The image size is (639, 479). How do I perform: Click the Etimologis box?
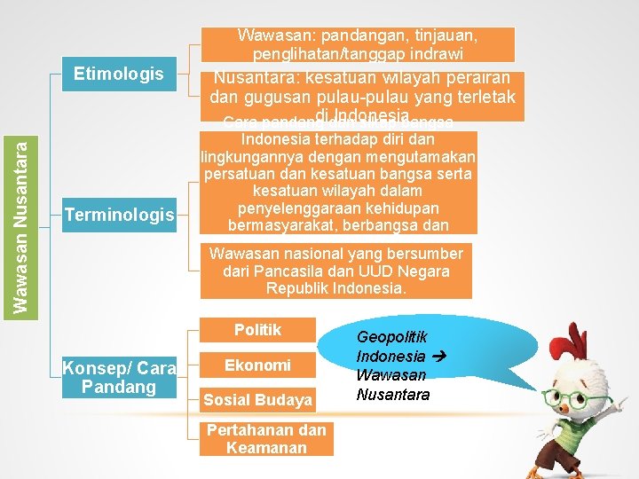119,75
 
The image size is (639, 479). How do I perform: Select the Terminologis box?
119,214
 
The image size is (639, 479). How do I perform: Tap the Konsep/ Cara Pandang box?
119,378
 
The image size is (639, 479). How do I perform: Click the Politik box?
257,330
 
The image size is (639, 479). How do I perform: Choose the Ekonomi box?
257,365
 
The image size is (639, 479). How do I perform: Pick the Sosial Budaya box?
257,400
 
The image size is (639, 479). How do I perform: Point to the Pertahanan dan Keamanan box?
266,439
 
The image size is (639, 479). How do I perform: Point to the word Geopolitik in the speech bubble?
391,337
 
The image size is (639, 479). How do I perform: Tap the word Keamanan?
266,448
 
